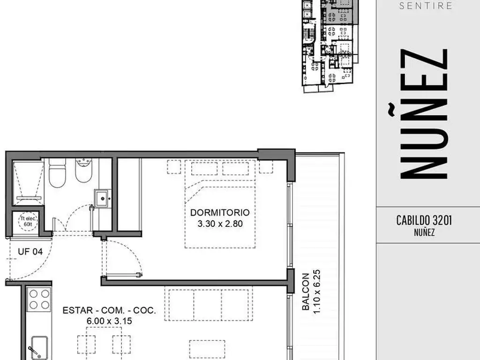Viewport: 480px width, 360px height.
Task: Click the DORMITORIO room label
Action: [220, 212]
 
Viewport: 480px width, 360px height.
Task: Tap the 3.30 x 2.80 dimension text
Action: [220, 224]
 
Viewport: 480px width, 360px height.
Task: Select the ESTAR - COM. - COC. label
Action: [109, 310]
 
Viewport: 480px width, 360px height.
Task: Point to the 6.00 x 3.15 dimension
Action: [109, 321]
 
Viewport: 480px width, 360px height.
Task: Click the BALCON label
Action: [306, 292]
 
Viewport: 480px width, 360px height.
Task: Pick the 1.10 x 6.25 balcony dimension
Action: [316, 292]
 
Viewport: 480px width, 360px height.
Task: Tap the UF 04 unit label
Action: [30, 252]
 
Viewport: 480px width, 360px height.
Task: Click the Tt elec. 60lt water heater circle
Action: [28, 221]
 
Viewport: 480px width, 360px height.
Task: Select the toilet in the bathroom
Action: [57, 173]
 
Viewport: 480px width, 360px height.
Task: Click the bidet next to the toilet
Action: [83, 170]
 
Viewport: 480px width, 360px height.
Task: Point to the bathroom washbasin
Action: [103, 199]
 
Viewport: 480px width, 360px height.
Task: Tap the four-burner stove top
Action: [39, 300]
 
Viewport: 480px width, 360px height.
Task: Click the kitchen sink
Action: [39, 348]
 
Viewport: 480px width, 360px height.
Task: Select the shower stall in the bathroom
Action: [28, 183]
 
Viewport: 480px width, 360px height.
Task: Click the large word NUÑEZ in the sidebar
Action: [424, 113]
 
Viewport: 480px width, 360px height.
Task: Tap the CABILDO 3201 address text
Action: [424, 220]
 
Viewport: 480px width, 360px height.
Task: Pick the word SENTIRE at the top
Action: [426, 6]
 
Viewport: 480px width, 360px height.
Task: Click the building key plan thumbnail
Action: [330, 46]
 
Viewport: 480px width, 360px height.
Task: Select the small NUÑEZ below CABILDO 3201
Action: [424, 232]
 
